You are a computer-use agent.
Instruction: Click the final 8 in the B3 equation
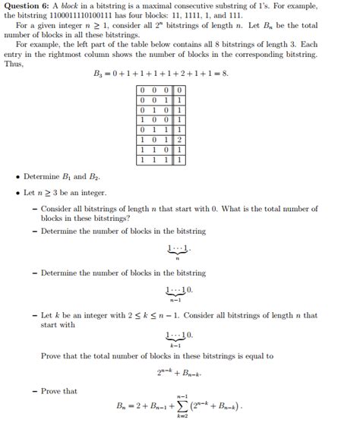click(x=225, y=74)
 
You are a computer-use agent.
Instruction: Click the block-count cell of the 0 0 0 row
click(x=178, y=90)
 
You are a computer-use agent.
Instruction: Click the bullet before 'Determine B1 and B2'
click(x=17, y=178)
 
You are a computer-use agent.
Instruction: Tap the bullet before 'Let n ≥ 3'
click(x=17, y=192)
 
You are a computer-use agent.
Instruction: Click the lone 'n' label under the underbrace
click(x=177, y=258)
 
